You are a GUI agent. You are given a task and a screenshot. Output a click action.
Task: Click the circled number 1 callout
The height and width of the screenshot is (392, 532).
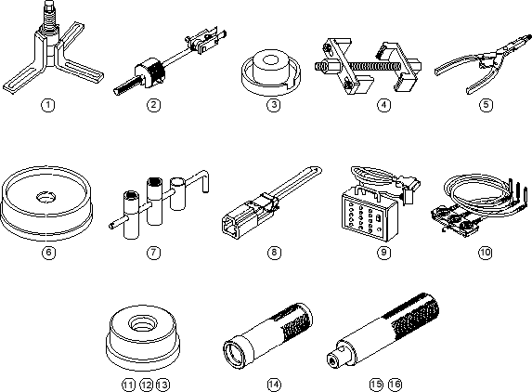tap(48, 105)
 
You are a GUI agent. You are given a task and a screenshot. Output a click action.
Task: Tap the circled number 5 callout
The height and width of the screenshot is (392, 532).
tap(486, 105)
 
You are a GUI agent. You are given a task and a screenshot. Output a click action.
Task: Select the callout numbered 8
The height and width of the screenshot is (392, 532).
tap(274, 252)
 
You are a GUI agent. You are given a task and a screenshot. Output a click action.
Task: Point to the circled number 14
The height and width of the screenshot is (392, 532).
tap(274, 385)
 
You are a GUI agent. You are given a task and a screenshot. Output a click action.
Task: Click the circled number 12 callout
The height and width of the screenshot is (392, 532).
tap(147, 385)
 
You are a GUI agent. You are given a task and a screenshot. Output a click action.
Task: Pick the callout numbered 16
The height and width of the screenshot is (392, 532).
tap(395, 385)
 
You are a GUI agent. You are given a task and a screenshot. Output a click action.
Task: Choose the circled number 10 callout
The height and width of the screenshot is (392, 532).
tap(486, 252)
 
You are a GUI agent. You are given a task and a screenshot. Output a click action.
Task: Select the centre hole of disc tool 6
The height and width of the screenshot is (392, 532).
tap(46, 197)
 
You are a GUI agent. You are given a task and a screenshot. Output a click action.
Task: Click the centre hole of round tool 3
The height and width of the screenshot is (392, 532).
tap(271, 60)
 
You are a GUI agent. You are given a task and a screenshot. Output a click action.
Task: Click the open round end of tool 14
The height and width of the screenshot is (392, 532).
tap(233, 355)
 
